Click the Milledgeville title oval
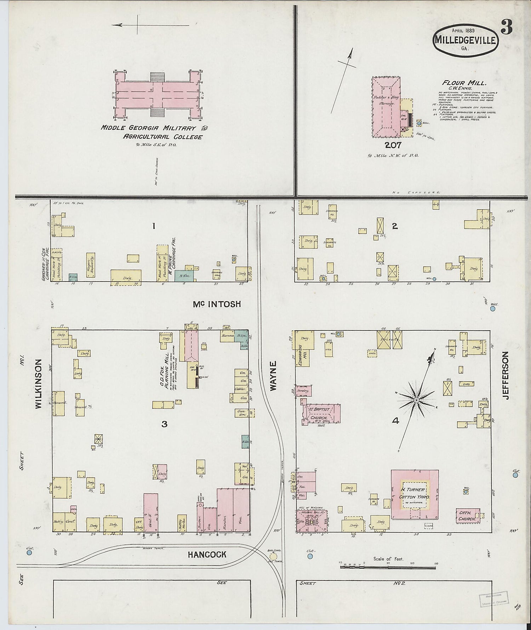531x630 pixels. [466, 40]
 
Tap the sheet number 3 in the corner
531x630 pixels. [507, 28]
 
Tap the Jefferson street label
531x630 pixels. [505, 375]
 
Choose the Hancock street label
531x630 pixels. [207, 554]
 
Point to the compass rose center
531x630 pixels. [417, 400]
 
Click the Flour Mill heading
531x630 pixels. [464, 83]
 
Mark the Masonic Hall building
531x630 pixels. [312, 521]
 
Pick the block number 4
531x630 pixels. [395, 421]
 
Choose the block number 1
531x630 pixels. [153, 226]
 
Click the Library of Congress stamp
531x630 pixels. [494, 599]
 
